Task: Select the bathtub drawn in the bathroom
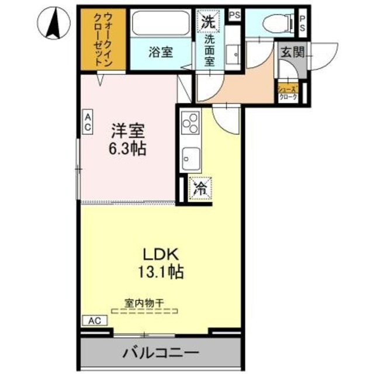[x=159, y=25]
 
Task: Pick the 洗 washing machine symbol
[x=209, y=23]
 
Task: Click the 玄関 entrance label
[x=291, y=52]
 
